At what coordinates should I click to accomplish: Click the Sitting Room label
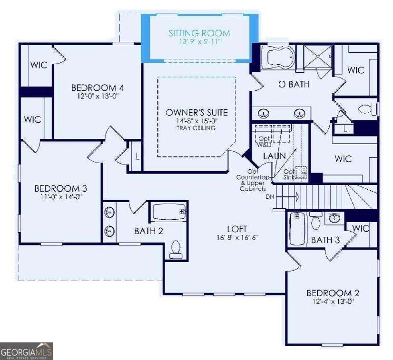[199, 33]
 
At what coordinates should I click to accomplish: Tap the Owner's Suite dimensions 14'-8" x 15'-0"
[197, 121]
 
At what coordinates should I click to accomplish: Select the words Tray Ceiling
[196, 128]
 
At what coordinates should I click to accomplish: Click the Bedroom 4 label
[98, 88]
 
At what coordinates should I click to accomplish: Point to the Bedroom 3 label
[60, 188]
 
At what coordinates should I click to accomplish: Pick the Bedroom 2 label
[333, 293]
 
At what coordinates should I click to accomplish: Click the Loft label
[237, 229]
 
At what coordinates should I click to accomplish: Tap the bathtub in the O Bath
[278, 58]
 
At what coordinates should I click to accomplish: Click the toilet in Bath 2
[176, 250]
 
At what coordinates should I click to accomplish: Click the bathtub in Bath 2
[169, 212]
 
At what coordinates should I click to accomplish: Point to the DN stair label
[270, 197]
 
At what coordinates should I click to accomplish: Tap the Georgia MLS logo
[26, 351]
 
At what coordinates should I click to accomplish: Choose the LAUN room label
[275, 156]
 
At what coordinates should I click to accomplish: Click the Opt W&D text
[264, 142]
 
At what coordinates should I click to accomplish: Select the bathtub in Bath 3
[297, 228]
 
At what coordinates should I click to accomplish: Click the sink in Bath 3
[334, 218]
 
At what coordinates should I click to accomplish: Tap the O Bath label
[294, 85]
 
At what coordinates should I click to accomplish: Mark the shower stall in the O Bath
[318, 57]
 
